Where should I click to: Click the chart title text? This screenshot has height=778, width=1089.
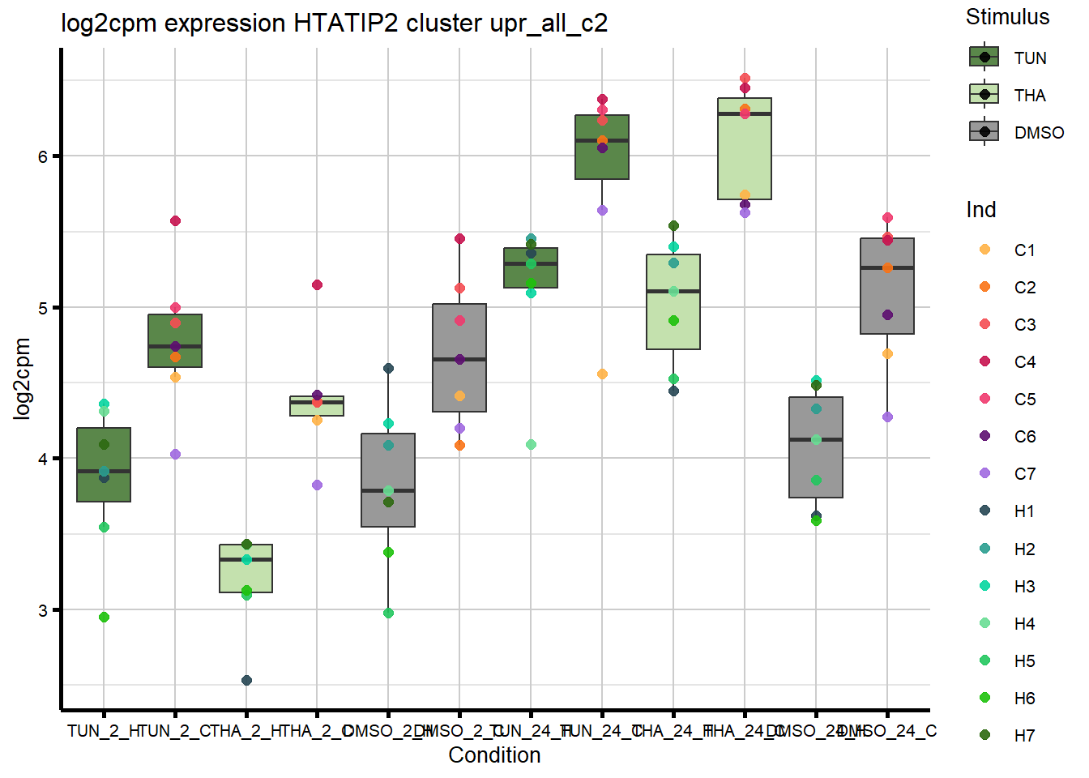point(334,23)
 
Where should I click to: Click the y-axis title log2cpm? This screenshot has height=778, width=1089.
point(23,378)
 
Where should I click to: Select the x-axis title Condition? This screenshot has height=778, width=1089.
point(494,755)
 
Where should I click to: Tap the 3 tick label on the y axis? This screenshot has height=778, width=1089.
point(43,610)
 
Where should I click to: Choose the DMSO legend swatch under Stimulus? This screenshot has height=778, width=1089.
point(984,131)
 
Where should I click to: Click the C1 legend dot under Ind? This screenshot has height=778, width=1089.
point(984,250)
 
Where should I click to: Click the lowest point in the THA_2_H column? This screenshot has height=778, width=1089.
point(246,680)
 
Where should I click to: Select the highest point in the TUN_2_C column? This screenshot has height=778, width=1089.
point(175,220)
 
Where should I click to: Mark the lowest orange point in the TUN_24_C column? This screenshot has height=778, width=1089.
point(602,374)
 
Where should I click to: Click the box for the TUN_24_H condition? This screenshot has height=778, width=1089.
point(531,268)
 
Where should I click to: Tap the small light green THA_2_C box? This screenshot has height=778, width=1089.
point(317,406)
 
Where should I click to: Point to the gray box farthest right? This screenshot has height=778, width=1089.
point(887,286)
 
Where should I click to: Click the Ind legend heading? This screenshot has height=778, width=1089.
point(980,210)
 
